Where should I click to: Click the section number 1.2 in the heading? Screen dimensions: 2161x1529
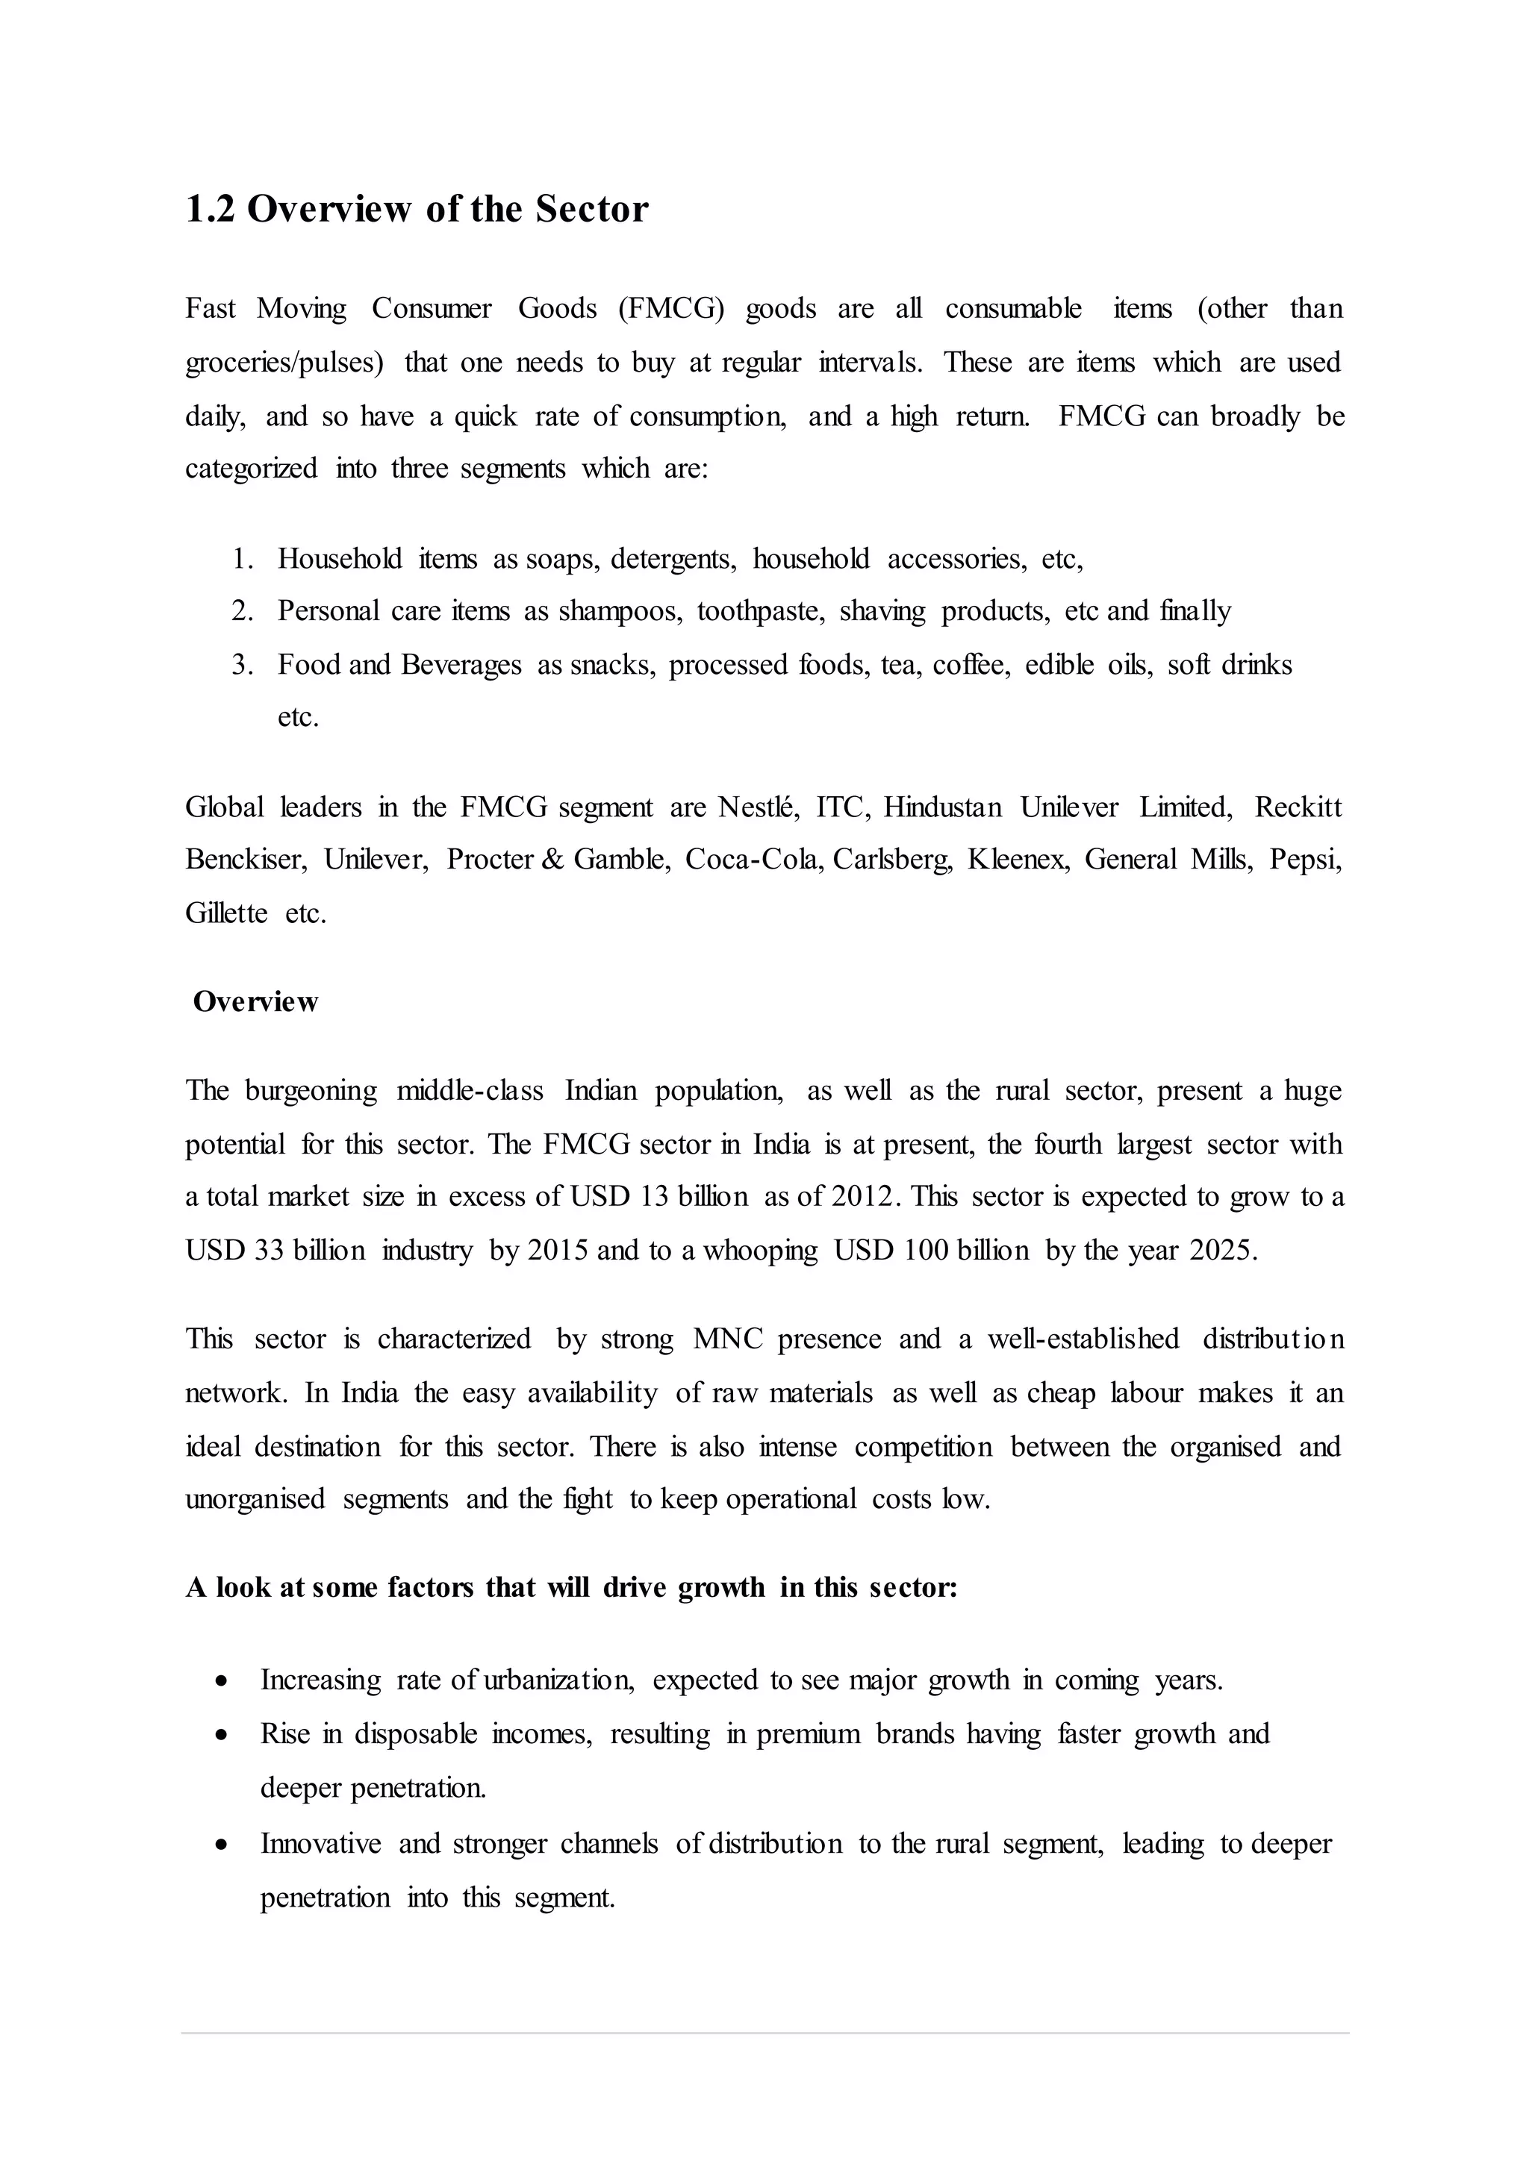click(209, 209)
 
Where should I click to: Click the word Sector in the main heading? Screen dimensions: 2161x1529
click(592, 209)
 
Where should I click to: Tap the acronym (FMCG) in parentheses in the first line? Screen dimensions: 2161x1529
click(671, 309)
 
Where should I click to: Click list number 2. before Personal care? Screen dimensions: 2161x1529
click(243, 612)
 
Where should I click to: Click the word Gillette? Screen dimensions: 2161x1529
click(226, 914)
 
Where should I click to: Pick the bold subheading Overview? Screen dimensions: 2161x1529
click(255, 1002)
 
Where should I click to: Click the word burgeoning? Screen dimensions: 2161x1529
click(311, 1092)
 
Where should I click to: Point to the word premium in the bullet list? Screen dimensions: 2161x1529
click(808, 1735)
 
